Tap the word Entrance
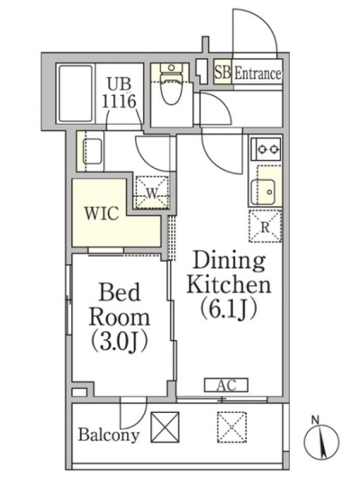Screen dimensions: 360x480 click(x=257, y=73)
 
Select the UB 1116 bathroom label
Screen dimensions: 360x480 click(x=119, y=92)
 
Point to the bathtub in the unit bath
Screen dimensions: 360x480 click(x=76, y=94)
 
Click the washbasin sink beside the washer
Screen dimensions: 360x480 click(x=92, y=151)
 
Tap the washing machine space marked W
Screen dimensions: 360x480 click(x=152, y=193)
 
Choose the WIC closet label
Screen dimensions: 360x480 click(x=101, y=214)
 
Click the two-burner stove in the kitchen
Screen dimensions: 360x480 click(x=266, y=149)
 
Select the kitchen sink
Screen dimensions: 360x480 click(x=263, y=192)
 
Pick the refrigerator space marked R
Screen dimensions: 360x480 click(x=265, y=227)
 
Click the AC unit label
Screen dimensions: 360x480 click(x=226, y=385)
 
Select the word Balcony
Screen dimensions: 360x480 click(x=109, y=434)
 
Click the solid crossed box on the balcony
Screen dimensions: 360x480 click(x=165, y=427)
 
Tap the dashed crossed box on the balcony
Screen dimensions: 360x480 click(x=232, y=427)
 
